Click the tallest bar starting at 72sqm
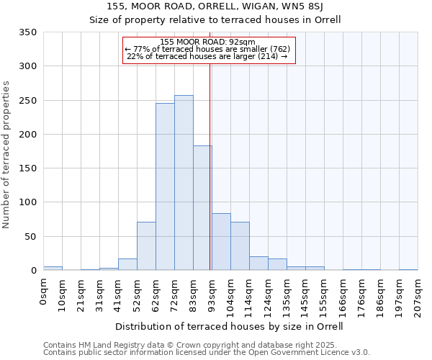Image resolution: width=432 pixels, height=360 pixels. coord(184,183)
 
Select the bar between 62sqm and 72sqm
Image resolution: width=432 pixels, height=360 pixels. coord(165,186)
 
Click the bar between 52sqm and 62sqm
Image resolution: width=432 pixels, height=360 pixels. coord(146,246)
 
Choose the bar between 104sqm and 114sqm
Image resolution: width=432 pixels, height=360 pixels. coord(240,246)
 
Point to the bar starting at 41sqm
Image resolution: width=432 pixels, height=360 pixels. coord(127,264)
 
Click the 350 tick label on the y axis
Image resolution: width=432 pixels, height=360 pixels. coord(27,32)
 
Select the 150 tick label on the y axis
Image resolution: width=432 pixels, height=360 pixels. coord(27,168)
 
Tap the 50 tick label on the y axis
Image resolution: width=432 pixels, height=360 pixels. coord(30,236)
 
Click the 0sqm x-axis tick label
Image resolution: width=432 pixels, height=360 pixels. coord(43,293)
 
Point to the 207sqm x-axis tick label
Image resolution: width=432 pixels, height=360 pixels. coord(418,296)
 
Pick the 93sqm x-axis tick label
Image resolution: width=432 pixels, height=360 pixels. coord(212,294)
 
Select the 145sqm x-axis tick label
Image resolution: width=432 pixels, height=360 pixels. coord(305,296)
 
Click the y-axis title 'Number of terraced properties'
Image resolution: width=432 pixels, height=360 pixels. coord(6,155)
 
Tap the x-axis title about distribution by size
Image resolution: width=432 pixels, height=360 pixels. coord(229,326)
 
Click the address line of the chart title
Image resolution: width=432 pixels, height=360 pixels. coord(215,6)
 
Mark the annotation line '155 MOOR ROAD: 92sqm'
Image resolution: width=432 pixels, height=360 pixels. coord(208,42)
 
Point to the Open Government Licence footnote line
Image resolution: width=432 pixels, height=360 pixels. coord(207,353)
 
